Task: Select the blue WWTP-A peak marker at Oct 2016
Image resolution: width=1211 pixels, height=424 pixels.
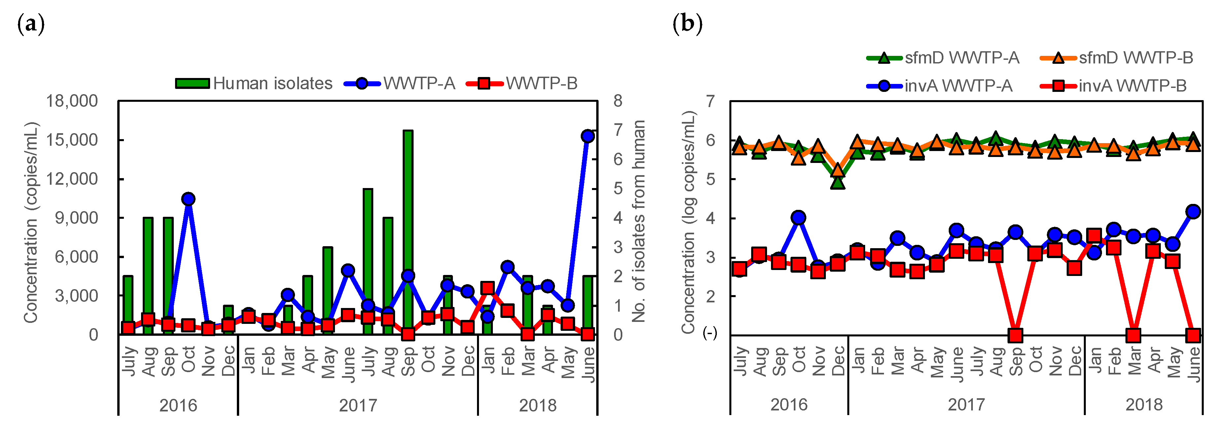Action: (x=189, y=199)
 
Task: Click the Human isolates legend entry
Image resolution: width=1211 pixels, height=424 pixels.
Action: (x=254, y=84)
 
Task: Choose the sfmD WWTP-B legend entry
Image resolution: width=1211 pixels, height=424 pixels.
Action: (x=1117, y=58)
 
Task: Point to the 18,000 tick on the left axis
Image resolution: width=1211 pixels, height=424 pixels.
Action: (x=71, y=101)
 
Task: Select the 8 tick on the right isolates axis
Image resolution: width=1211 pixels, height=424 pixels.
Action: (x=618, y=101)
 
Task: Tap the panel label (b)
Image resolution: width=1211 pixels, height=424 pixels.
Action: (x=687, y=23)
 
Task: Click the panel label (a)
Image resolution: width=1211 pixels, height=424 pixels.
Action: (x=31, y=23)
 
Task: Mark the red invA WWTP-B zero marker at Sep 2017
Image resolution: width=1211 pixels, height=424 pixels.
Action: (x=1015, y=335)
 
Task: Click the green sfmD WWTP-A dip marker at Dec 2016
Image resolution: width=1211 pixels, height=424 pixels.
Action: (x=838, y=182)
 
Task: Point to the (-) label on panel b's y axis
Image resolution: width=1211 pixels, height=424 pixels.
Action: (x=710, y=333)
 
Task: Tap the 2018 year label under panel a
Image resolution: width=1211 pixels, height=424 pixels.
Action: (x=537, y=405)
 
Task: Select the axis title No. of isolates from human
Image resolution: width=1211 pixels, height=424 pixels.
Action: (x=639, y=221)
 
